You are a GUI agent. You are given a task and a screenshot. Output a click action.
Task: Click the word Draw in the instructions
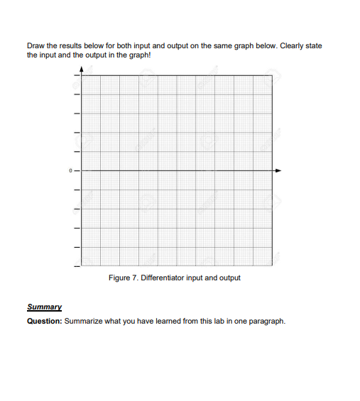(35, 46)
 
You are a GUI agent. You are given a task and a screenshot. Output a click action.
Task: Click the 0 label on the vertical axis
(70, 170)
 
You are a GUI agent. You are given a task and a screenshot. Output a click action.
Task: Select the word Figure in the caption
(119, 278)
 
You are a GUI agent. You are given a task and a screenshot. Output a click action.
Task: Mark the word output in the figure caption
(228, 278)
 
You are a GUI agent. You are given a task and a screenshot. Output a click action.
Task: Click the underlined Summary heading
(43, 307)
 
